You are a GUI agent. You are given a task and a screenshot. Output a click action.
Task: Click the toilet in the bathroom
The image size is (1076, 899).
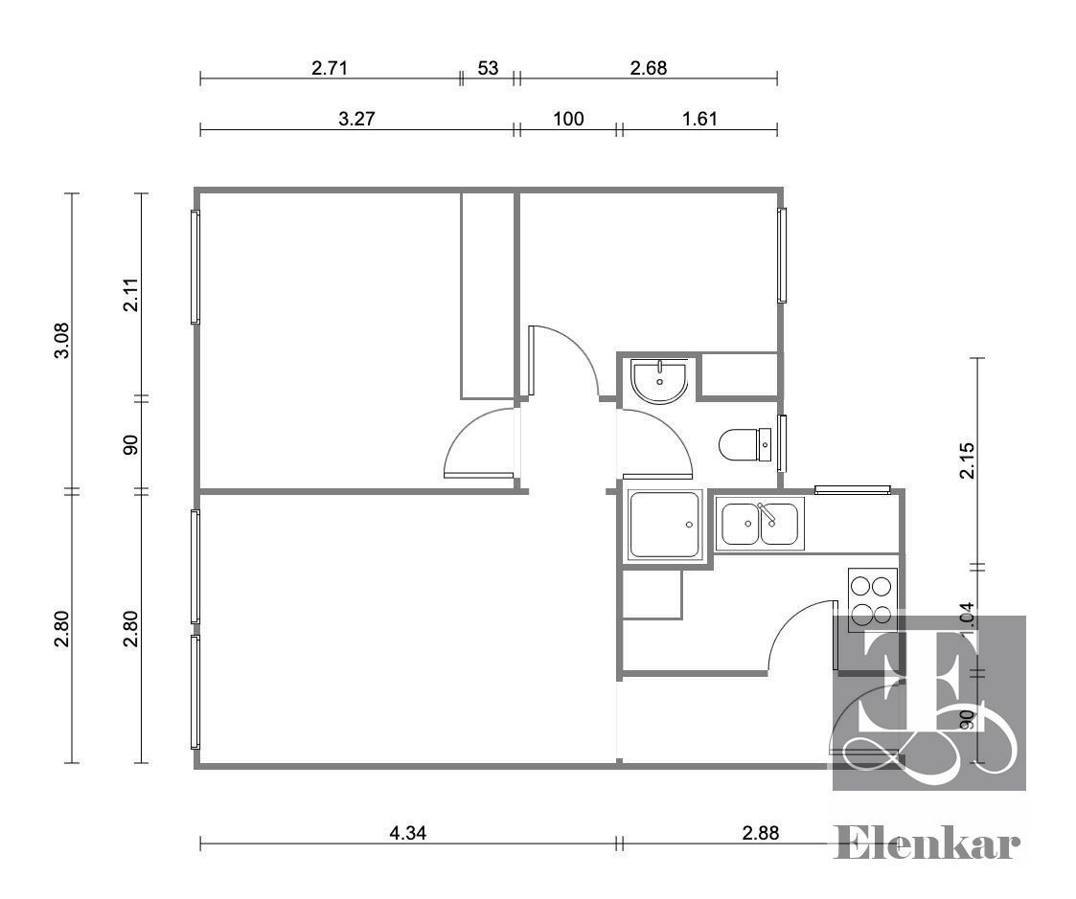point(745,445)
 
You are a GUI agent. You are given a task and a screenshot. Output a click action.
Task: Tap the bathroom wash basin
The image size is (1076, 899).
point(659,381)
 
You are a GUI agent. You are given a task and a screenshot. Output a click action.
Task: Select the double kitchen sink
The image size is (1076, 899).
point(760,524)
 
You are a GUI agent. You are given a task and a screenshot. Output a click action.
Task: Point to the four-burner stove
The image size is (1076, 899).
point(872,599)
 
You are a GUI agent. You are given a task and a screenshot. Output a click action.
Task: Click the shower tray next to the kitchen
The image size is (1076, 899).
point(664,525)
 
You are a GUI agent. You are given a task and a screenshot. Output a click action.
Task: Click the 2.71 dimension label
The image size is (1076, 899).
point(330,68)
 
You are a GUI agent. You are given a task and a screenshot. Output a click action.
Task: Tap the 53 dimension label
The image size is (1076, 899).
point(488,68)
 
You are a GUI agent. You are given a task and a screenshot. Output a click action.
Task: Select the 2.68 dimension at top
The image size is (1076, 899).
point(649,68)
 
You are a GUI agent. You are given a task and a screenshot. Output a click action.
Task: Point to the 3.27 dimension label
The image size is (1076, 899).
point(356,119)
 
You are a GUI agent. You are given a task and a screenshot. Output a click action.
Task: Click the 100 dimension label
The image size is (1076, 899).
point(568,119)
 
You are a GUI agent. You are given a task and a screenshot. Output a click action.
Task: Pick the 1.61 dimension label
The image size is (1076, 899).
point(699,119)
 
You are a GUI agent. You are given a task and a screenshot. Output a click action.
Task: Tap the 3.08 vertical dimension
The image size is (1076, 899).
point(62,340)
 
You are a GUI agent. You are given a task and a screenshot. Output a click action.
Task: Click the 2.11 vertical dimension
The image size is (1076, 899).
point(130,294)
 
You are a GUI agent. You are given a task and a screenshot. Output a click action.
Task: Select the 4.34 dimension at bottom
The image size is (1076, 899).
point(407,833)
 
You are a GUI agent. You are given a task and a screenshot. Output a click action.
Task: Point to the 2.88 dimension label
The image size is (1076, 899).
point(761,833)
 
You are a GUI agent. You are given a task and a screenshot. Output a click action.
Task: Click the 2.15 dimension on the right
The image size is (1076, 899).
point(966,461)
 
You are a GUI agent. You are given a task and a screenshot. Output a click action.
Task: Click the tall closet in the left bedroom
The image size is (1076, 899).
point(488,296)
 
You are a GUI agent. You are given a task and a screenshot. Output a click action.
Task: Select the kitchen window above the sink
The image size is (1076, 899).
point(853,489)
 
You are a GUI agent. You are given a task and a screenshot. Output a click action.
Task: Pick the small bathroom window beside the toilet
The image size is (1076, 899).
point(781,443)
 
